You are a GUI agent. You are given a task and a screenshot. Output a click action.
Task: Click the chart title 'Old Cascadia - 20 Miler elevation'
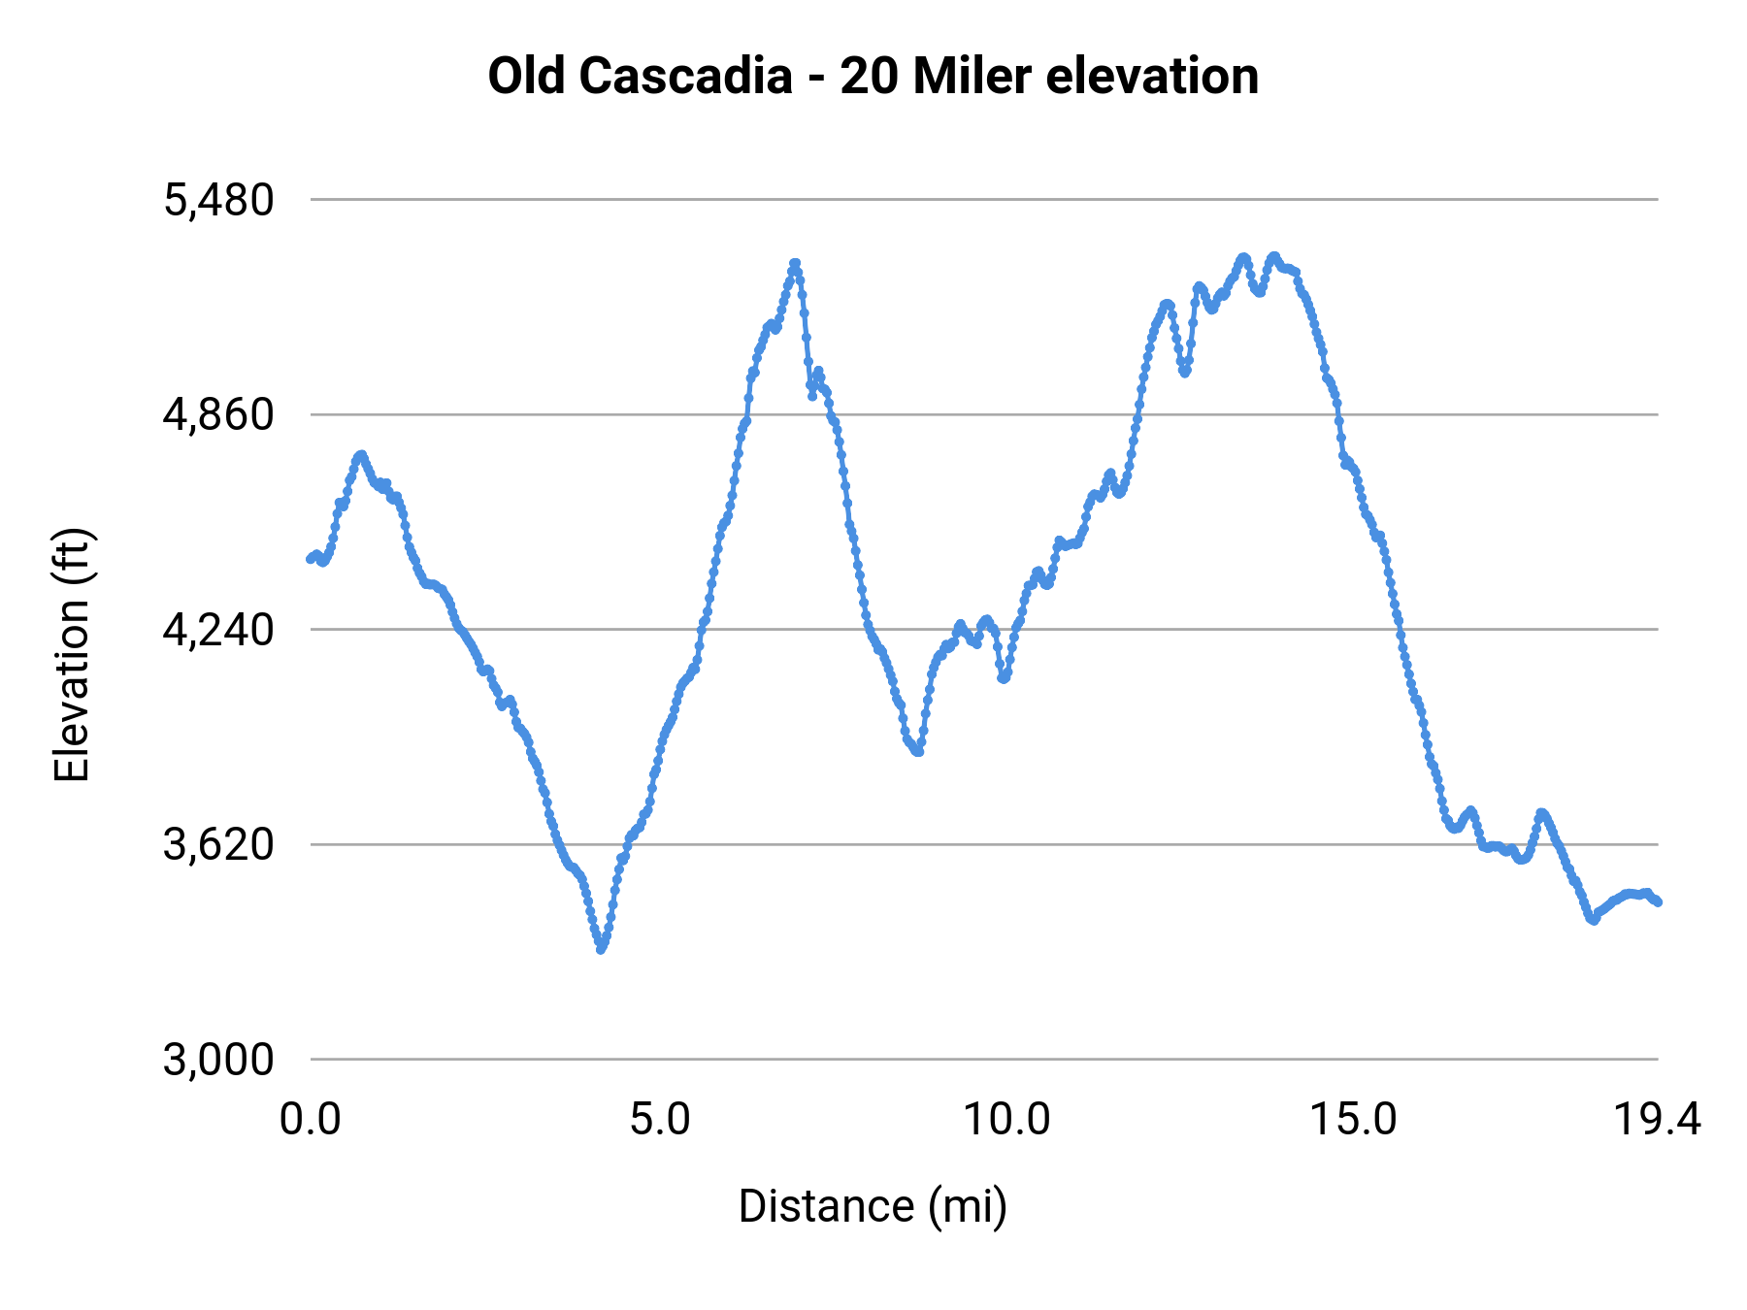point(873,76)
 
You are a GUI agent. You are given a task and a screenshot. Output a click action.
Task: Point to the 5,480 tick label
point(218,201)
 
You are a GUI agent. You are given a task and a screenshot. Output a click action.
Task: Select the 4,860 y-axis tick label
point(218,415)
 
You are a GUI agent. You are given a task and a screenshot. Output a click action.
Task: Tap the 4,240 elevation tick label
point(218,631)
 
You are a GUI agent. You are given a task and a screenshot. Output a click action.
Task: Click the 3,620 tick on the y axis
point(218,845)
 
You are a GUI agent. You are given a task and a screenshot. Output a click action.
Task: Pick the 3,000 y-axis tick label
point(218,1060)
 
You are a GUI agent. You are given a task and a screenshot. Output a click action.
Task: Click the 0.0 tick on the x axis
point(311,1120)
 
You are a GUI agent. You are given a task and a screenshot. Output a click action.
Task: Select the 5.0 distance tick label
point(659,1120)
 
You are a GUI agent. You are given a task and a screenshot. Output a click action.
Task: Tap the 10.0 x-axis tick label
point(1006,1120)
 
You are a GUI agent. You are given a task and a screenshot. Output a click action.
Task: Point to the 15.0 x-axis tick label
point(1354,1120)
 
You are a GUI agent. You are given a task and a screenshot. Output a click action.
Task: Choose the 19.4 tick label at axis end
point(1657,1120)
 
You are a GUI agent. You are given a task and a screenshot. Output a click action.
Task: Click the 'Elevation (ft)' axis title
point(72,655)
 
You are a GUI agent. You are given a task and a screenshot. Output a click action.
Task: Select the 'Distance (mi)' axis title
point(873,1206)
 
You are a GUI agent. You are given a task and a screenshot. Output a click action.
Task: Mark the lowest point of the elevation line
point(601,949)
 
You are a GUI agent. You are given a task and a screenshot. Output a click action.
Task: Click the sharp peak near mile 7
point(795,263)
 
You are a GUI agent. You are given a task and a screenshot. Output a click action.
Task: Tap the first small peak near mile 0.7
point(361,454)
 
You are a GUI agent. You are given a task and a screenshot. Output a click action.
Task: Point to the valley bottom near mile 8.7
point(918,751)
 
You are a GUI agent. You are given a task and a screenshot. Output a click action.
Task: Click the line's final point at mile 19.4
point(1658,901)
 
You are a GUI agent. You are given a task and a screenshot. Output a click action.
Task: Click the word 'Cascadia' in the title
point(686,76)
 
